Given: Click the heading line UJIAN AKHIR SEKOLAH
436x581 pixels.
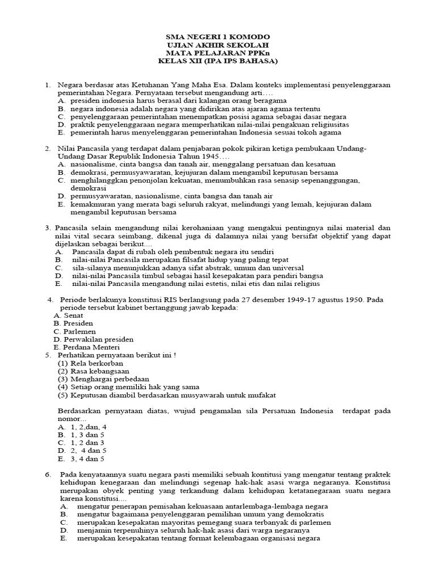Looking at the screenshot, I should (218, 45).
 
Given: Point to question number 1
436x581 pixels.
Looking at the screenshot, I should (49, 85).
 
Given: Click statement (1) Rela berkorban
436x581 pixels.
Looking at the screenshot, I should (90, 363).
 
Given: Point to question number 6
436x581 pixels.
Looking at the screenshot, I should (48, 474).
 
